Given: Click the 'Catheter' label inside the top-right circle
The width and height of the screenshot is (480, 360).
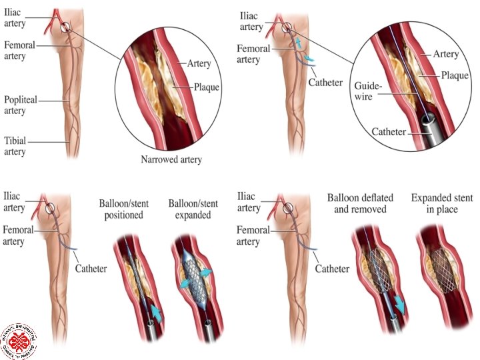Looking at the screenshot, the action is (x=389, y=132).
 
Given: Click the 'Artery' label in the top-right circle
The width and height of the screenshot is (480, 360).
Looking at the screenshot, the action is (x=447, y=53).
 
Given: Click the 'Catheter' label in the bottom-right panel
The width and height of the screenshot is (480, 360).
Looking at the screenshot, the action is (x=331, y=269).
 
